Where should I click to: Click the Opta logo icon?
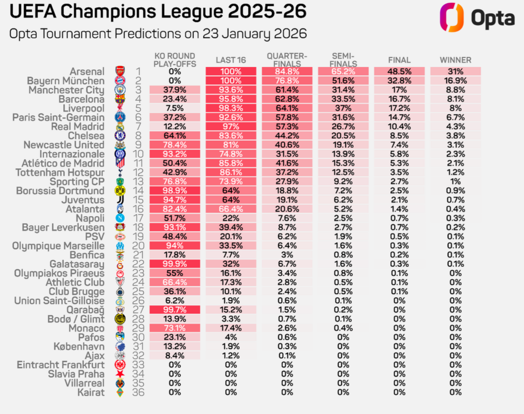451,18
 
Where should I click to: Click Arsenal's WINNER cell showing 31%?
455,71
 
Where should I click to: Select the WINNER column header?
455,60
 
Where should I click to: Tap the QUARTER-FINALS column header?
287,60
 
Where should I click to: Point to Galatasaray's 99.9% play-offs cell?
174,264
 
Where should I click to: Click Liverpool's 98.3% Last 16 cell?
231,108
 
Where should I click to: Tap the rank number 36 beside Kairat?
138,392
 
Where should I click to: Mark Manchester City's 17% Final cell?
399,90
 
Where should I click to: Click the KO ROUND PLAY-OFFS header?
174,60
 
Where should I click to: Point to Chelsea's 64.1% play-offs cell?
174,136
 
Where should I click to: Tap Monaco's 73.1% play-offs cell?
174,328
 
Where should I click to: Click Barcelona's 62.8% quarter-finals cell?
287,99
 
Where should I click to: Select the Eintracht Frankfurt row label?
61,365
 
